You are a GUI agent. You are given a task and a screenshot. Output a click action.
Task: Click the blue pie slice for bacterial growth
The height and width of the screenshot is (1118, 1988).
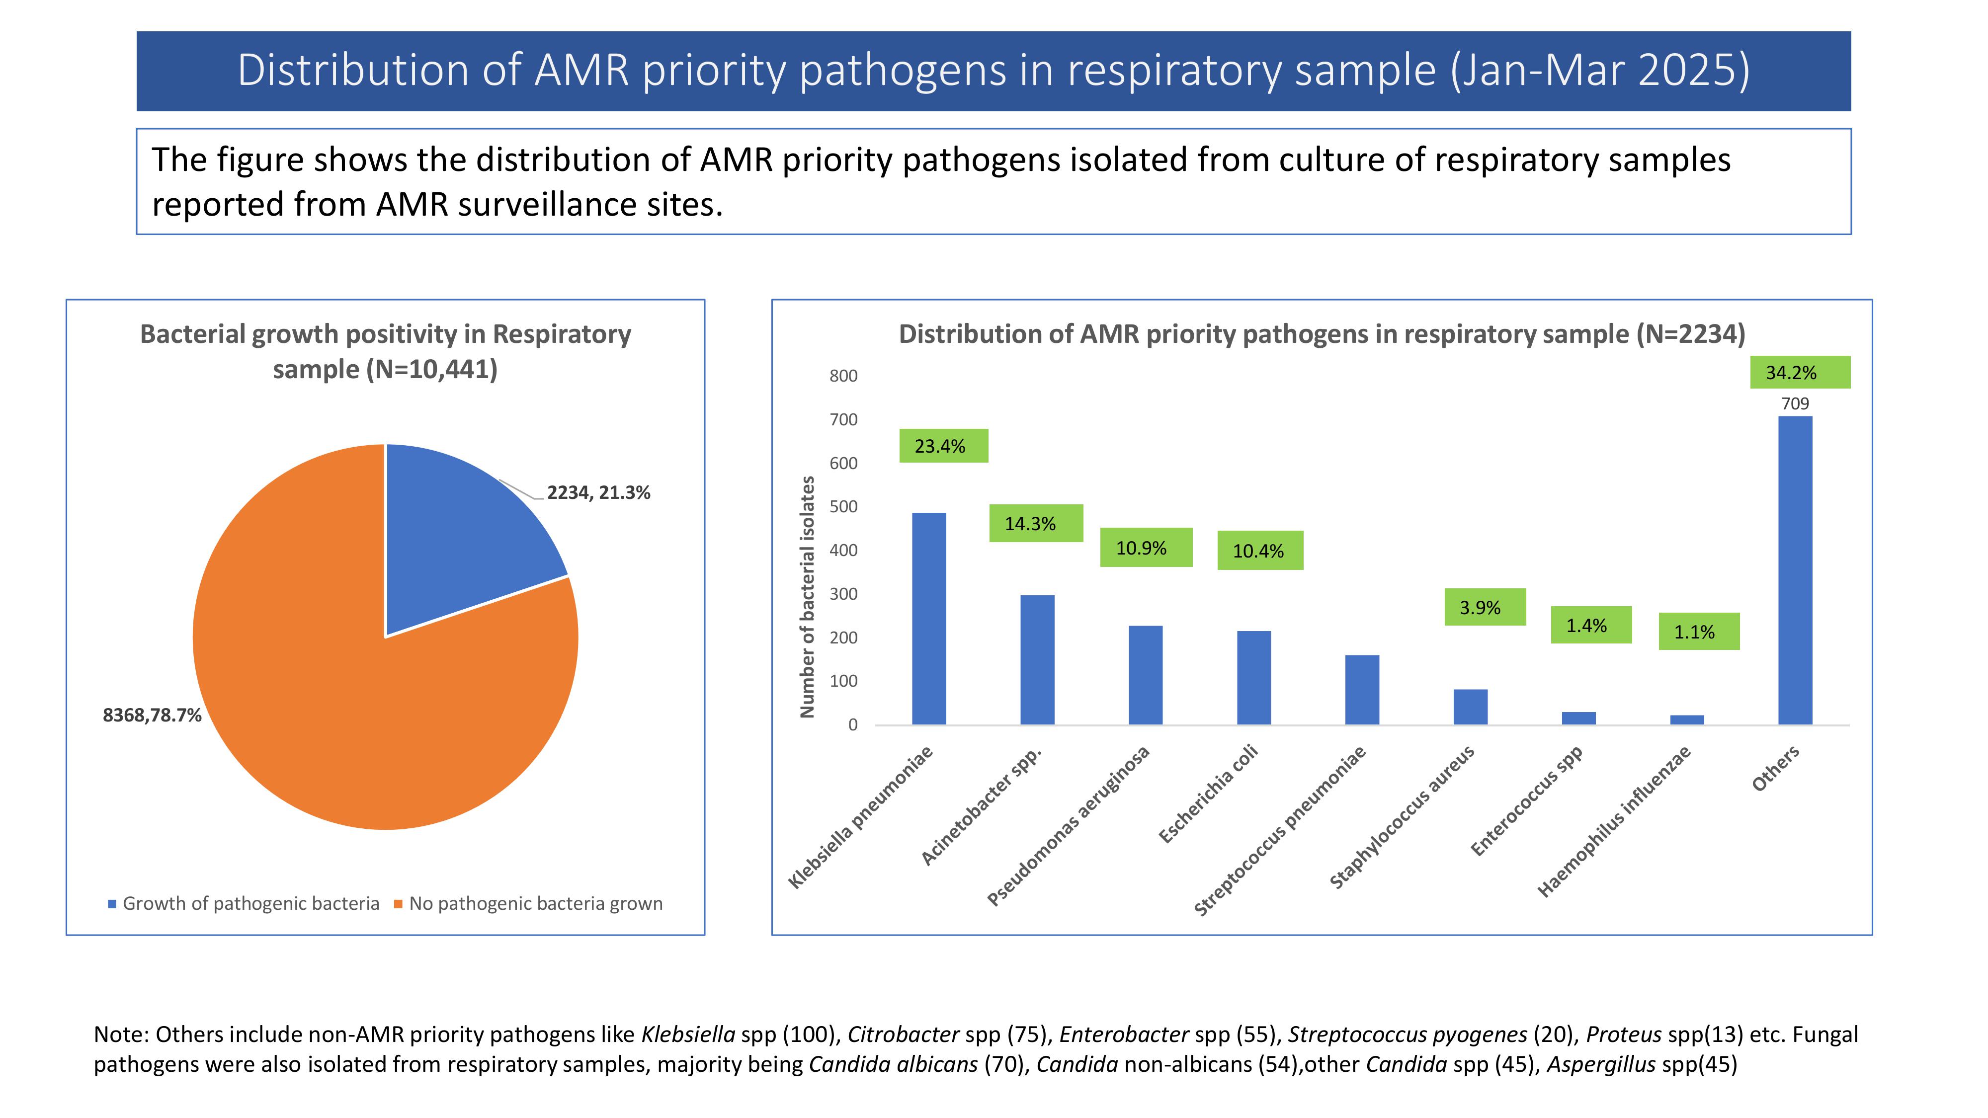pos(455,540)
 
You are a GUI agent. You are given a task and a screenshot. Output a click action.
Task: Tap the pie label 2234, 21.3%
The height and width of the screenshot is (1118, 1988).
pos(598,493)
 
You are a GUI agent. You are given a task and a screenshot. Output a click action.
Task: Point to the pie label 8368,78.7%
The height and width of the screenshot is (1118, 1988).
pos(152,715)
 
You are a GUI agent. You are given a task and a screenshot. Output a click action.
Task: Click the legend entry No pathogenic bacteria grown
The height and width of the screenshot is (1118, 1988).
pos(535,903)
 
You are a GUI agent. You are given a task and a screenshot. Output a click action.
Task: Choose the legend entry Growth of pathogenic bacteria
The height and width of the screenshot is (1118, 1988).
pos(250,903)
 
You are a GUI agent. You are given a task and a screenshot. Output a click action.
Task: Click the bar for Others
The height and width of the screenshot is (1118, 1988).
pos(1795,570)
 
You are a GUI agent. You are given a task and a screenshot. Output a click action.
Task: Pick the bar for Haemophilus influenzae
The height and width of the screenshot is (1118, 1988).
pos(1687,720)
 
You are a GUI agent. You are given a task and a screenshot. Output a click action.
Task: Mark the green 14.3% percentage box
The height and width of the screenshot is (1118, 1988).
pos(1036,524)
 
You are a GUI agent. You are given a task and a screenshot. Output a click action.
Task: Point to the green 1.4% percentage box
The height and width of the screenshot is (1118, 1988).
pos(1590,625)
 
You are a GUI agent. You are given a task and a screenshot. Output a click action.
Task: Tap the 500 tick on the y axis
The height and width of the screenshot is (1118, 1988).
pos(843,507)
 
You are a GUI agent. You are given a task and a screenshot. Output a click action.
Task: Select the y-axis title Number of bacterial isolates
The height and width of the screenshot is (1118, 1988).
pos(807,596)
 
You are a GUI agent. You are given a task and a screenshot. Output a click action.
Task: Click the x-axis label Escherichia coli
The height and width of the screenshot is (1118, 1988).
pos(1209,795)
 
